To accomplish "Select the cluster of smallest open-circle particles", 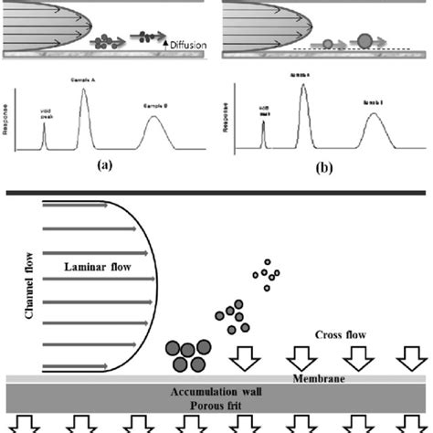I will pos(267,273).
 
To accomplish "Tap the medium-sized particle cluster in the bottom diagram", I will pos(232,319).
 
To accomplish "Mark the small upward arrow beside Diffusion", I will pos(154,42).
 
